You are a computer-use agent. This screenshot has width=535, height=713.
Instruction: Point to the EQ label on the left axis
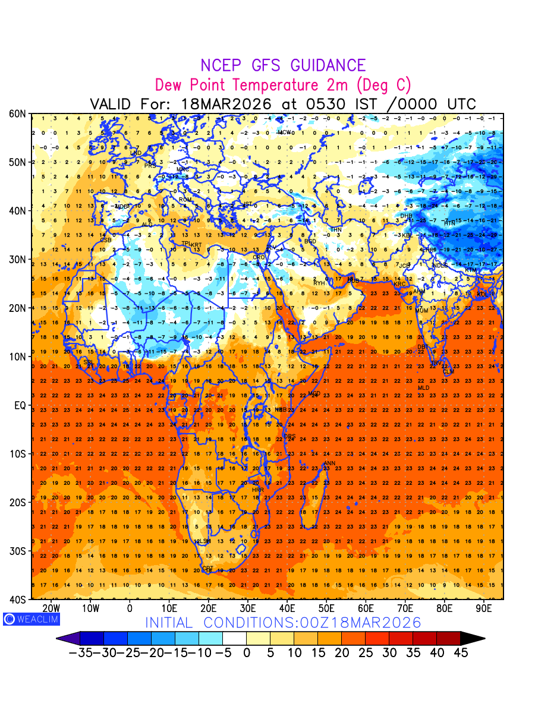tap(20, 405)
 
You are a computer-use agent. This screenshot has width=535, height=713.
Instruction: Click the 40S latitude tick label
tap(18, 600)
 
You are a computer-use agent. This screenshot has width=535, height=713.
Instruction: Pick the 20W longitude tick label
tap(51, 608)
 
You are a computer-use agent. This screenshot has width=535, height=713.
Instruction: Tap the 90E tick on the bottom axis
tap(484, 608)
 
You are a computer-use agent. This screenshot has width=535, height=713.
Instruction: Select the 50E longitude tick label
tap(326, 608)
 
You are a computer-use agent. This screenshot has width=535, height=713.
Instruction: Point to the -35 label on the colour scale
tap(80, 653)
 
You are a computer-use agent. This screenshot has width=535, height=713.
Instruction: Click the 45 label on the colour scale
tap(460, 653)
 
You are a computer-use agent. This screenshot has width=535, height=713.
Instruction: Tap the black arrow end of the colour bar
tap(473, 639)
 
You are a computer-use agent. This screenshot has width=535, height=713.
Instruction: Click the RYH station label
tap(320, 283)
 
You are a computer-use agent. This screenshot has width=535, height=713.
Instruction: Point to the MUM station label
tap(421, 311)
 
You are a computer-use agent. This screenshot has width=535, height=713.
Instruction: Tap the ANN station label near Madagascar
tap(329, 463)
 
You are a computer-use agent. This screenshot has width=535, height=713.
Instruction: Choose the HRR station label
tap(258, 490)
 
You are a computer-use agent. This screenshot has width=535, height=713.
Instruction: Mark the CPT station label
tap(207, 569)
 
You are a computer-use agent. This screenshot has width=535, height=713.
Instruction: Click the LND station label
tap(136, 153)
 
